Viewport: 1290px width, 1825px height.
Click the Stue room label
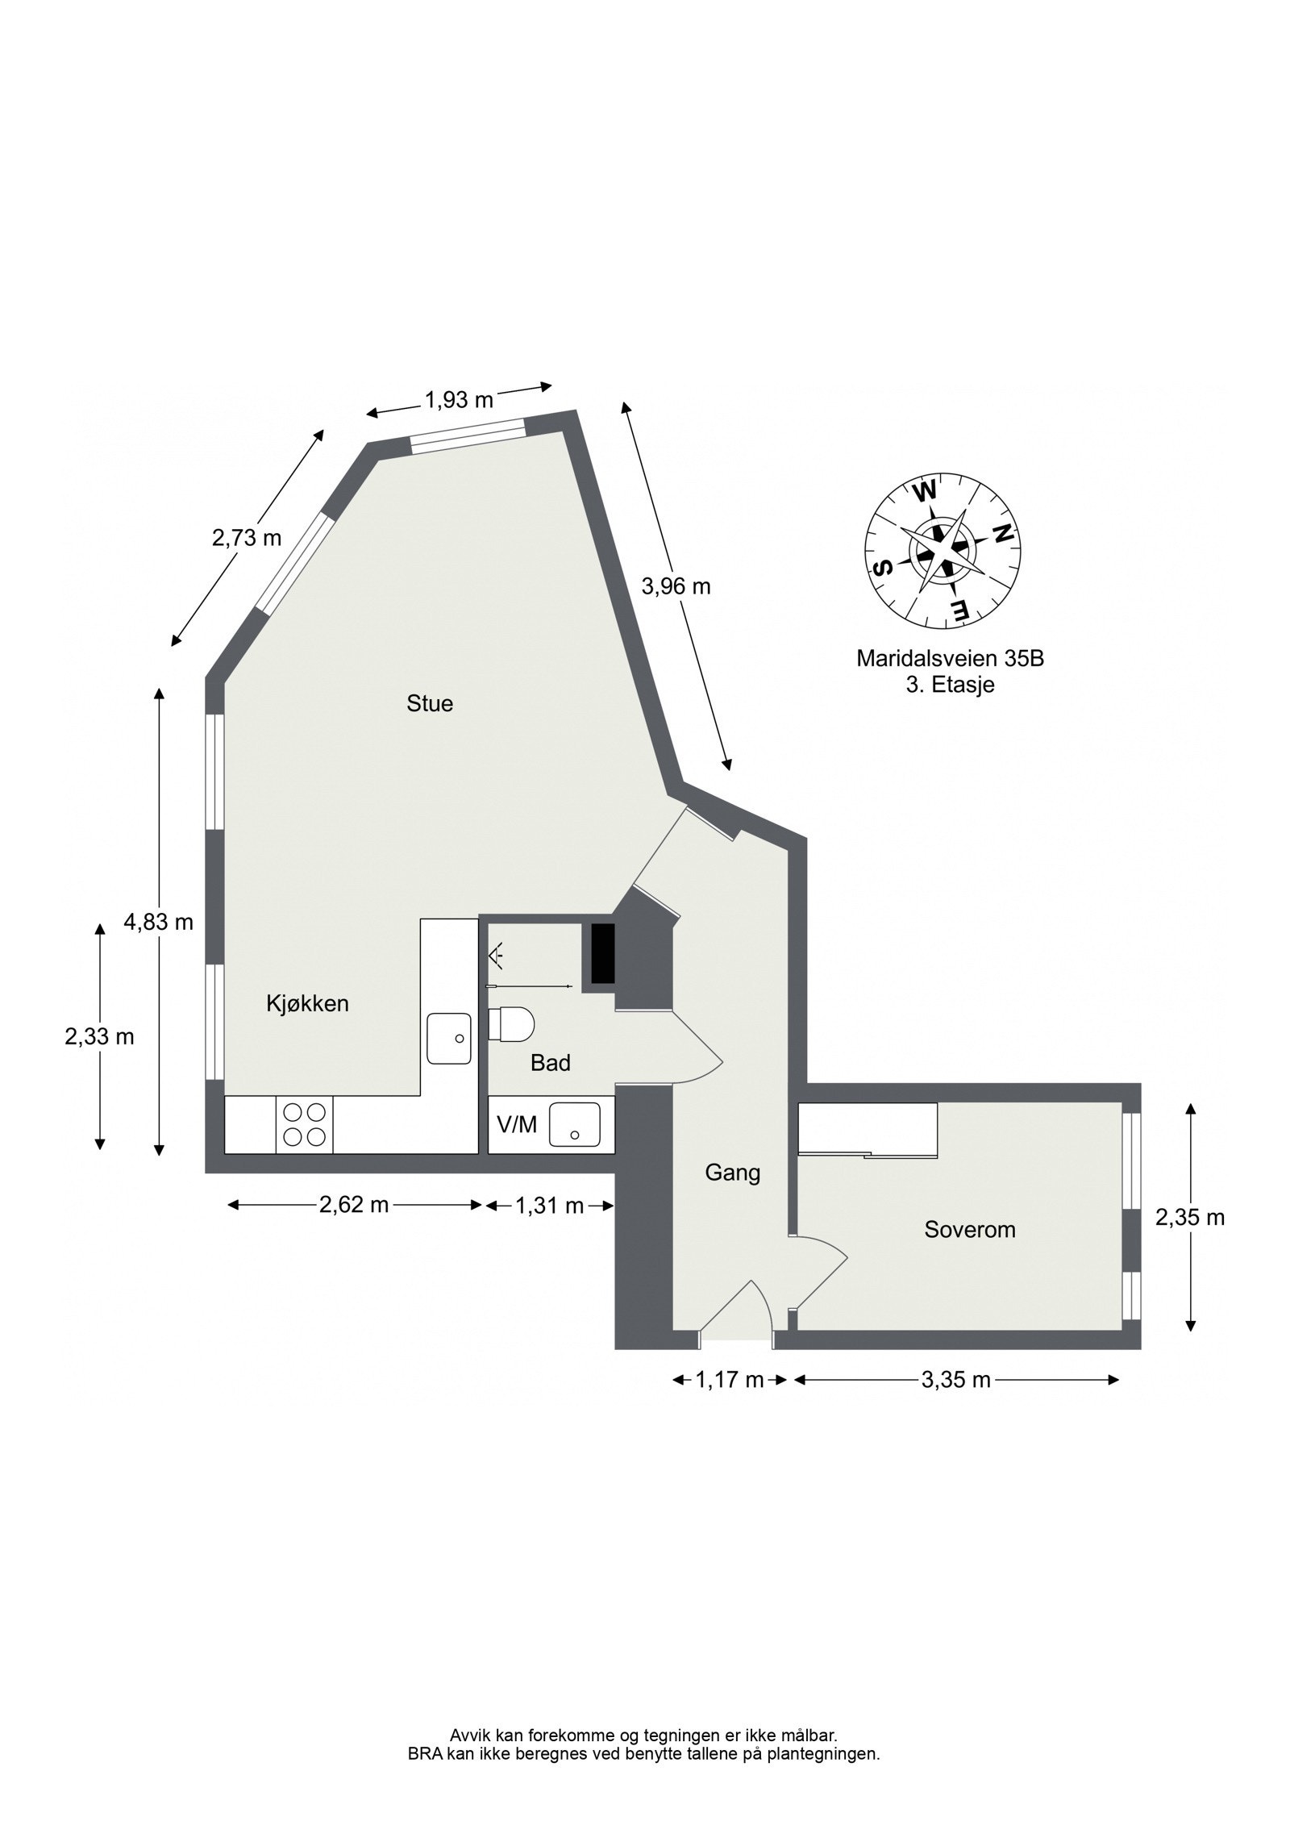(430, 704)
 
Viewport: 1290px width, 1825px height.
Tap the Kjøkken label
(307, 1003)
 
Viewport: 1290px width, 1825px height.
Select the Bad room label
(550, 1063)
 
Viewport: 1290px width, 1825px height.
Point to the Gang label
(732, 1172)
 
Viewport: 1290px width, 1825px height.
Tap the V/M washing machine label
(517, 1125)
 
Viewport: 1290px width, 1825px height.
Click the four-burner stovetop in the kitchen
(304, 1124)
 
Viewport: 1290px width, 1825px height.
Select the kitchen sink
(448, 1039)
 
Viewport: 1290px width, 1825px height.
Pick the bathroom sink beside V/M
(575, 1125)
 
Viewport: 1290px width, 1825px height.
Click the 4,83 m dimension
(158, 922)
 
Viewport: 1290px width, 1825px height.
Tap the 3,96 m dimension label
(676, 586)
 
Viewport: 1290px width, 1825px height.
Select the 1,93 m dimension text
(459, 400)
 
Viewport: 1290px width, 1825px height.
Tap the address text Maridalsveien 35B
(950, 659)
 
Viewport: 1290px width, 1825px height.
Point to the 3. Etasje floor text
(950, 685)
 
